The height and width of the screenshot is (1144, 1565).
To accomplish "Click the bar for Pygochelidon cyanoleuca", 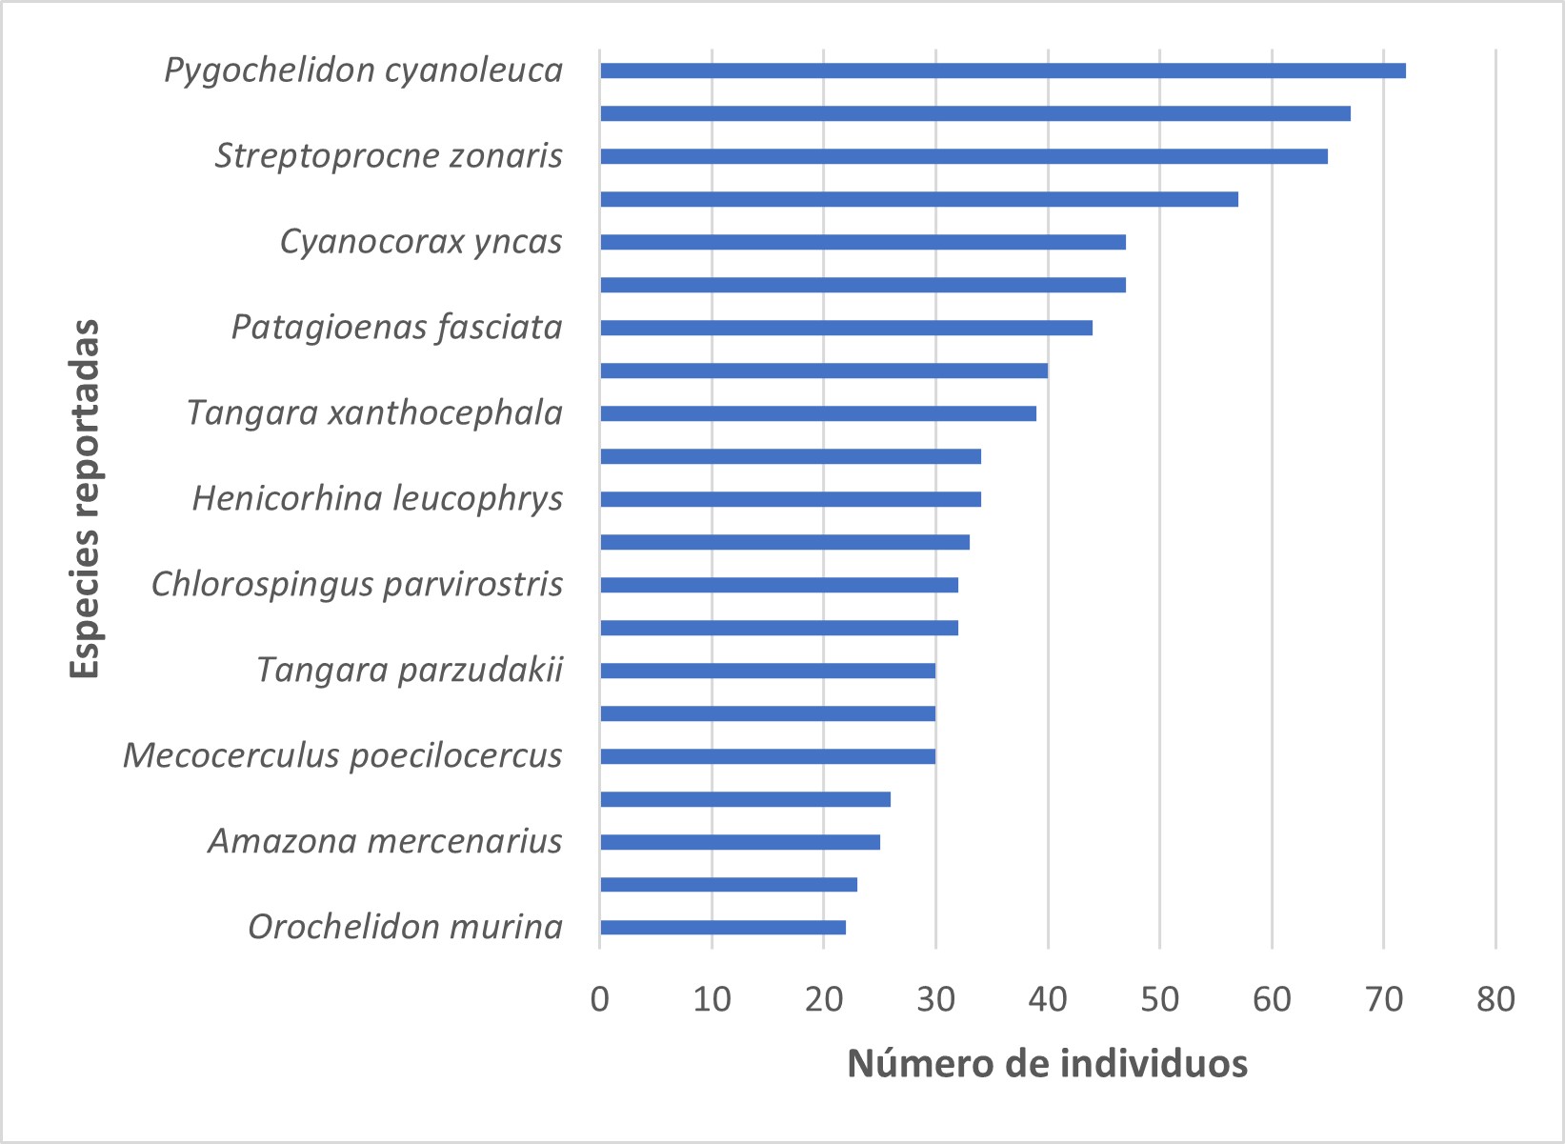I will [1002, 70].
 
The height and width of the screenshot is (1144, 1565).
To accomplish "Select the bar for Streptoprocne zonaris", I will [963, 156].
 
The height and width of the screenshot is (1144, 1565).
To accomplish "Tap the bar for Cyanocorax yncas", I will [862, 242].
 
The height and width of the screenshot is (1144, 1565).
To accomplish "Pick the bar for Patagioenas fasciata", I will [846, 328].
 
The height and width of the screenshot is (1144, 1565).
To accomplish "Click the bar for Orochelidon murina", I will [722, 928].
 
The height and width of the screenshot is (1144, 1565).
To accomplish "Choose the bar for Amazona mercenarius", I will [739, 842].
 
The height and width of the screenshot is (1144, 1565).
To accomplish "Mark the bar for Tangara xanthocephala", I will [817, 413].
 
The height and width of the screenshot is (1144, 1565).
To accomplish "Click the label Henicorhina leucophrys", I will [377, 498].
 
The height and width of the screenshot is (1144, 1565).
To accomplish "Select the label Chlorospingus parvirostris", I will [357, 584].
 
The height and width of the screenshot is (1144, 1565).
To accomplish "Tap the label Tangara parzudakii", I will [410, 670].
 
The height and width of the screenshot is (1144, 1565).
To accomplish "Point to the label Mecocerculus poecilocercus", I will [343, 755].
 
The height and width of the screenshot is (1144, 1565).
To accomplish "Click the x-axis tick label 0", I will [599, 999].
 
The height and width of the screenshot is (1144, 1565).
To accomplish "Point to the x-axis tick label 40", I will [1048, 999].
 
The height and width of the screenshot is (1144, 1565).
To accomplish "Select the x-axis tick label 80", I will [1495, 999].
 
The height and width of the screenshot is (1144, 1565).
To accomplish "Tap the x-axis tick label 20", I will [823, 999].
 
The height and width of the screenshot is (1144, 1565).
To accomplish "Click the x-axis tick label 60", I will [1272, 999].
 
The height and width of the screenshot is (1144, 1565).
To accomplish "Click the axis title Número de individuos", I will [1047, 1064].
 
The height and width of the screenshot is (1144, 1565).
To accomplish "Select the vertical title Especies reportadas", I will [86, 499].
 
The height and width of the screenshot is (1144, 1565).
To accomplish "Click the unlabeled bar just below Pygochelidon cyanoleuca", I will [974, 113].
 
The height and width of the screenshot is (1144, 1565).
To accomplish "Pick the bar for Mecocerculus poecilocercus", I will [767, 756].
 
